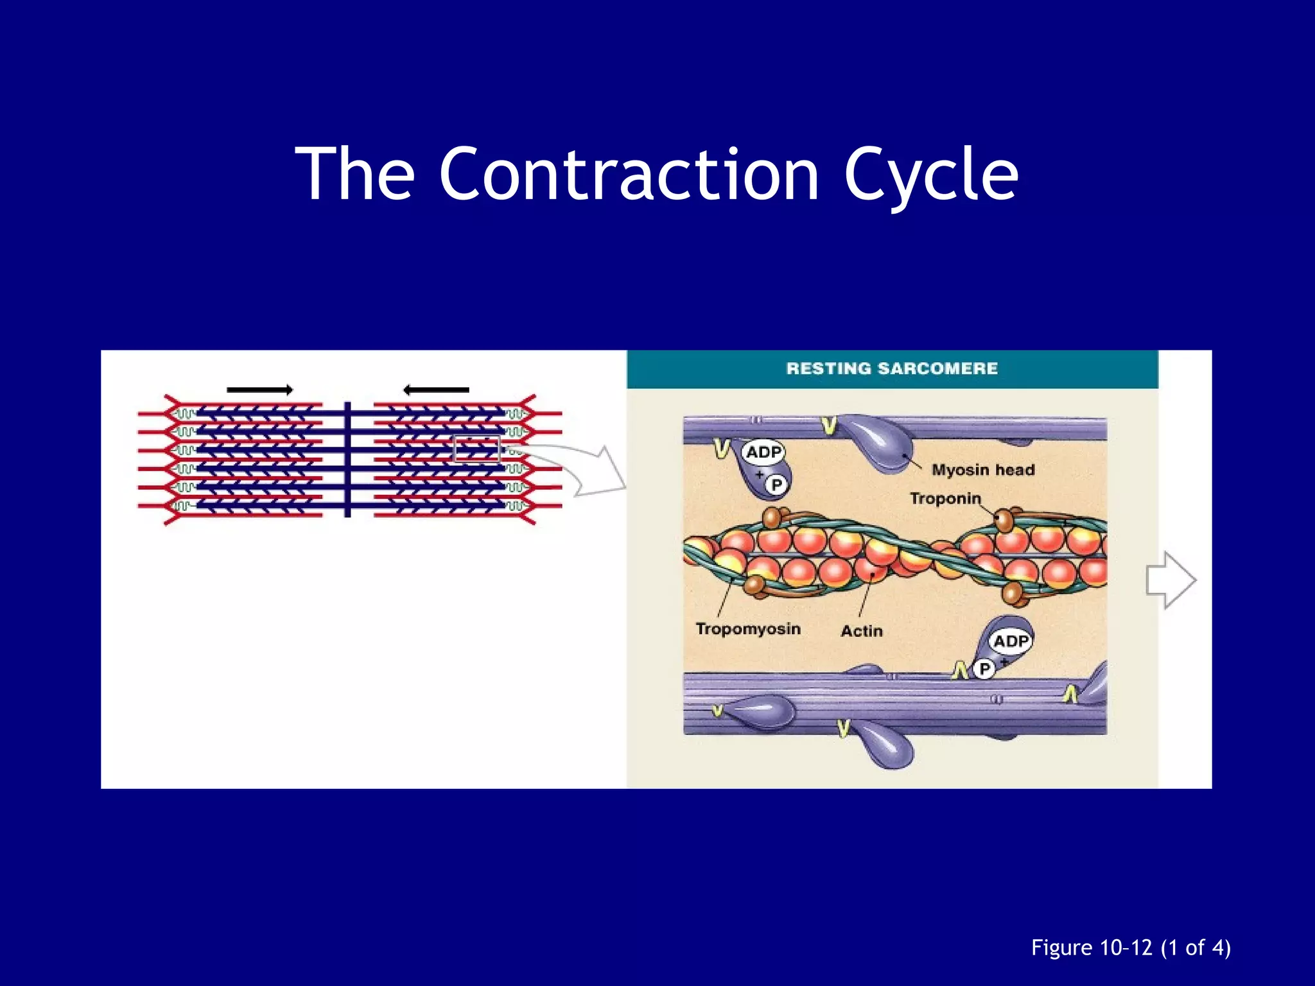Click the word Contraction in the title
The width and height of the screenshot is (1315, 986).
629,175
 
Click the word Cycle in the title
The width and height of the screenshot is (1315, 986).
930,175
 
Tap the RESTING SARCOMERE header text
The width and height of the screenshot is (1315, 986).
892,368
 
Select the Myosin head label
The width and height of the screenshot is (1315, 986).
983,470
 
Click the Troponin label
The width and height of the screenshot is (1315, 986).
945,499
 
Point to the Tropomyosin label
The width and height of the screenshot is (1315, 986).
748,628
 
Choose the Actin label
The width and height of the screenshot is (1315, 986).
862,631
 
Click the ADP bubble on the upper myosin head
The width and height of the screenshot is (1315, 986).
763,453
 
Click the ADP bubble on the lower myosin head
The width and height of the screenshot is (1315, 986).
1011,641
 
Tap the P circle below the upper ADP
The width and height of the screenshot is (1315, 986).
776,485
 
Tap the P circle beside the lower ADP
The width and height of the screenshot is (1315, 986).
984,670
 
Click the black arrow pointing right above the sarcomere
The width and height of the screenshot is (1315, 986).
260,390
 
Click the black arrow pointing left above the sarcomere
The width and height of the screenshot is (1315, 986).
436,390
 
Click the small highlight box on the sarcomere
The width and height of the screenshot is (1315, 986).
476,449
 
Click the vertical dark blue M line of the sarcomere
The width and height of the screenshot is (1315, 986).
347,459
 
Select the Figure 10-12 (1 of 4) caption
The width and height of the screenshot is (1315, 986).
1131,948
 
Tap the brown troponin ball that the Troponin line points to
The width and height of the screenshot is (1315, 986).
1004,520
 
